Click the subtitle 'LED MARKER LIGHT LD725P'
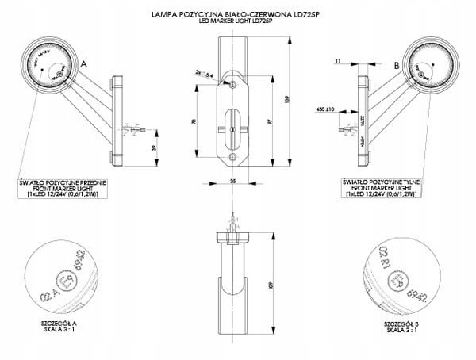pyautogui.click(x=238, y=21)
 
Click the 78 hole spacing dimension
pyautogui.click(x=195, y=124)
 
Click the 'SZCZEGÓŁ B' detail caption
pyautogui.click(x=400, y=327)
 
